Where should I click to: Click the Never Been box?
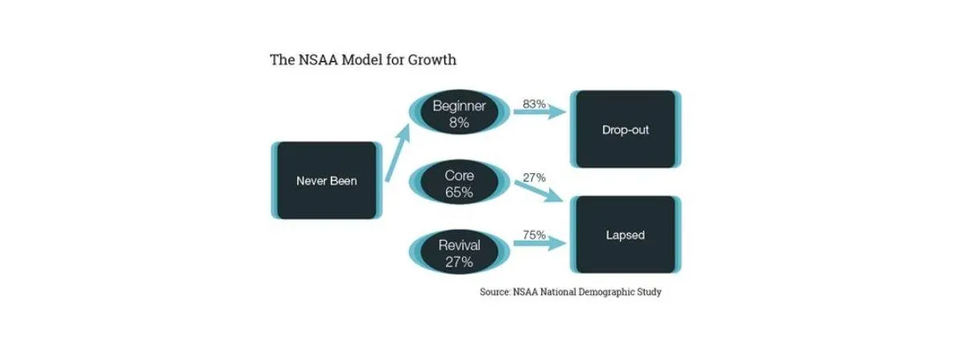[326, 180]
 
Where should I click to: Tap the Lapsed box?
[625, 235]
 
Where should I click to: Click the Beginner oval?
[459, 114]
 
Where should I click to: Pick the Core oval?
[459, 184]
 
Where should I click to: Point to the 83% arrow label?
[534, 104]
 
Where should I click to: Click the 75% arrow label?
[534, 235]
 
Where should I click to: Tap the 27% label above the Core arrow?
[534, 176]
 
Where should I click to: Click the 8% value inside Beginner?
[459, 123]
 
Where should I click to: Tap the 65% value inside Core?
[459, 192]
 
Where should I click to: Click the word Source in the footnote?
[494, 292]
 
